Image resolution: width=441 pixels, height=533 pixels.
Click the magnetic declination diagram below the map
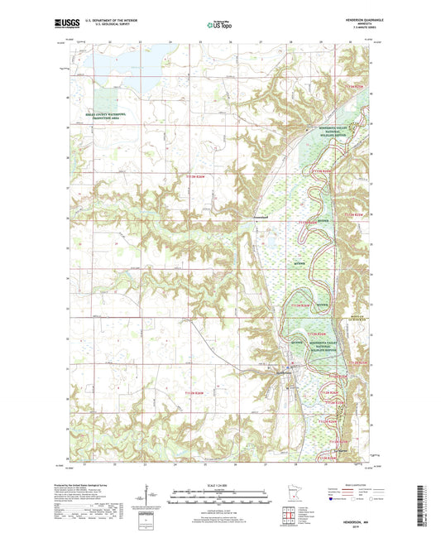pyautogui.click(x=155, y=497)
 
